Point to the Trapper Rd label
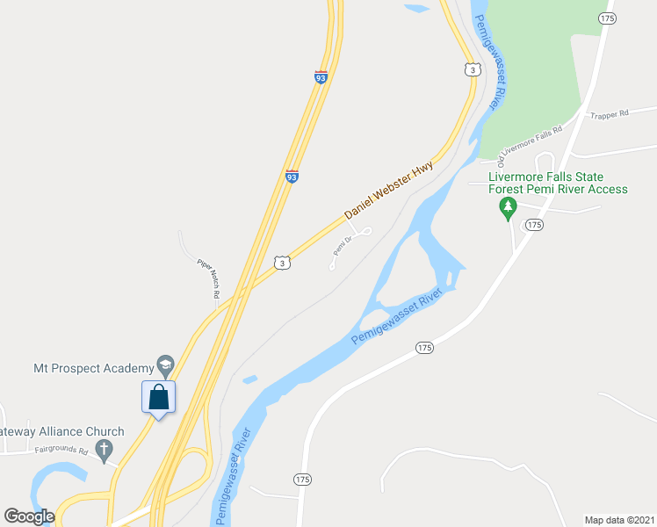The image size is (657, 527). point(610,114)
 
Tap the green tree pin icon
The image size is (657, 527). point(507,207)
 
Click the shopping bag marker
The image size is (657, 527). point(158,397)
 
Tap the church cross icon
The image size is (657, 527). point(104,451)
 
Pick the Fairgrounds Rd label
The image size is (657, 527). point(61,450)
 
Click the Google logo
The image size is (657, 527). point(30,516)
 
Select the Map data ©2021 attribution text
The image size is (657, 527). point(620,519)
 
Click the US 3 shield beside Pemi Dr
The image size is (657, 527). point(280,262)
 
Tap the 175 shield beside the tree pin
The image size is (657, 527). point(535,225)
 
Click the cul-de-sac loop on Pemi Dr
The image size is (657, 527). point(367,231)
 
